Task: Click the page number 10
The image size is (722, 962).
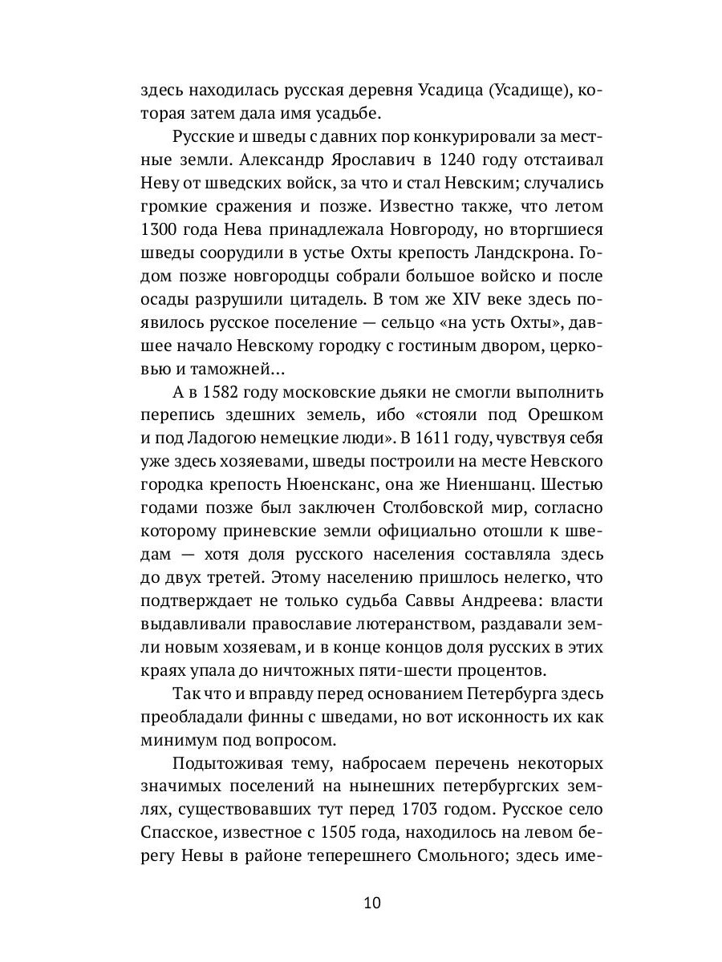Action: (x=371, y=903)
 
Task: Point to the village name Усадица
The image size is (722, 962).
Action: (x=444, y=90)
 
